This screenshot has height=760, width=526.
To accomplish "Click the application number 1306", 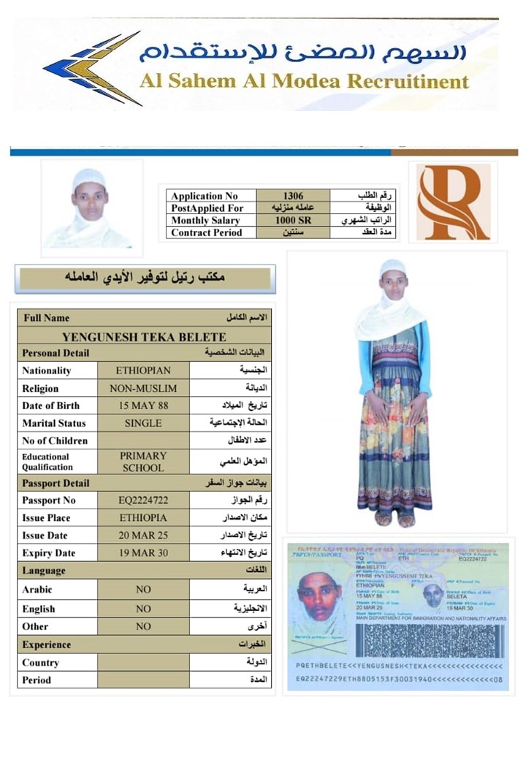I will pos(292,196).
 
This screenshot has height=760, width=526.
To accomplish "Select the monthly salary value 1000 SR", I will pos(292,220).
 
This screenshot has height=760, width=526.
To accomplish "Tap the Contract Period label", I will pos(205,232).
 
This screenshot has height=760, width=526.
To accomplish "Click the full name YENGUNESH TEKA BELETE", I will pos(144,337).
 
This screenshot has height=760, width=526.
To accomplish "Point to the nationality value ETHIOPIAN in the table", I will pos(144,370).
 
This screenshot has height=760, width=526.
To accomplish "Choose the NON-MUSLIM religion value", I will pos(143,388).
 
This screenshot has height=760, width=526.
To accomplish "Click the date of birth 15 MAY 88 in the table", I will pos(143,406).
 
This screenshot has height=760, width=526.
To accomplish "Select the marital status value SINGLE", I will pos(143,423).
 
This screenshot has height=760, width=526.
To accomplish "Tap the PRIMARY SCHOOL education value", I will pos(143,461).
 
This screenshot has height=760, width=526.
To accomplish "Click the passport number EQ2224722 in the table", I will pos(143,501).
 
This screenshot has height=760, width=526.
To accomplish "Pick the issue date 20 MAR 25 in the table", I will pos(143,536).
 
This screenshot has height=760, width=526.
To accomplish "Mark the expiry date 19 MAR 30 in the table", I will pos(143,553).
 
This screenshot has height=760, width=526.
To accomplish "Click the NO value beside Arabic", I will pos(143,590).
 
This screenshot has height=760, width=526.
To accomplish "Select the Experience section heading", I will pos(47,645).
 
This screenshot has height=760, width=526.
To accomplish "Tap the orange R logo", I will pos(453,202).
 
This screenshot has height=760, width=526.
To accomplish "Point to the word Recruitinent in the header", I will pos(408,81).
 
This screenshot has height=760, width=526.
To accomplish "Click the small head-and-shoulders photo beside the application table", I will pos(90,208).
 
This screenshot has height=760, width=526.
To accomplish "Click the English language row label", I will pos(39,609).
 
